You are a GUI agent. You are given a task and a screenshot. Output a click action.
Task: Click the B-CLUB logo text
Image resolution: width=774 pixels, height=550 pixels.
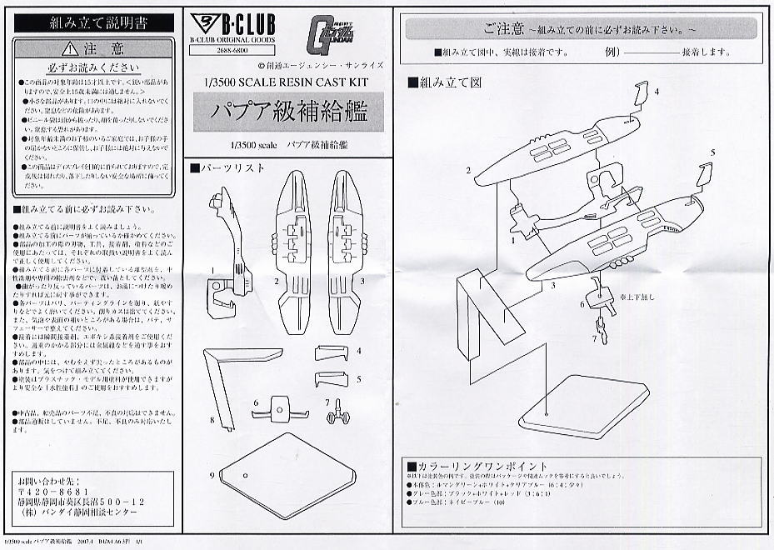tap(245, 22)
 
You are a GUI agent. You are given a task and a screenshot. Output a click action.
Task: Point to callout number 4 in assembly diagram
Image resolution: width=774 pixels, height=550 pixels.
tap(657, 92)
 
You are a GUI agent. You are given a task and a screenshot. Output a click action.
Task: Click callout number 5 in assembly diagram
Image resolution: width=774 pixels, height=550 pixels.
tap(712, 153)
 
